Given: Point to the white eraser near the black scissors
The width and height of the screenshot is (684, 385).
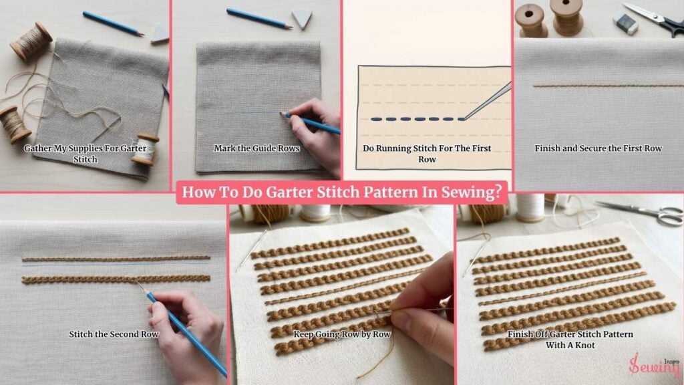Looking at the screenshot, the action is coord(625,23).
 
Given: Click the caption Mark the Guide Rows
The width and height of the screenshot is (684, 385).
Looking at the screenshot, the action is coord(256,148).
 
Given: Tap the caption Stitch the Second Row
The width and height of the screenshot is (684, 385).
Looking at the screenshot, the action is coord(114,334).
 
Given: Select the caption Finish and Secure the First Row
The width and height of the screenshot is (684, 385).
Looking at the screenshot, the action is coord(598,148).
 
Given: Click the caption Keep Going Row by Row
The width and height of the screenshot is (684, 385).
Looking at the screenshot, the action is coord(342,334).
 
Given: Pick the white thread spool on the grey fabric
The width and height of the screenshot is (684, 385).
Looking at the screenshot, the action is coord(145,149).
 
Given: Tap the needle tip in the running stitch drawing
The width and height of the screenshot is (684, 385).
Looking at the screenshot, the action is coord(464,118).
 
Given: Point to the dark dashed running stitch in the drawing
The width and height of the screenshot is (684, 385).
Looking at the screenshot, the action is coord(417,119).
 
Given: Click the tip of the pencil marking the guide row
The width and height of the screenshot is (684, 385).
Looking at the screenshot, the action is coord(281,114).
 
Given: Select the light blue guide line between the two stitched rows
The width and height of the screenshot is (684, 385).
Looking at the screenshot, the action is coord(116,264).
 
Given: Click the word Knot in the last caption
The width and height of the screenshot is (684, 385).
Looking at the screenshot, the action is coord(583,346).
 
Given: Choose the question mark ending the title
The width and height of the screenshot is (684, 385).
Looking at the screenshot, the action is coord(498,192).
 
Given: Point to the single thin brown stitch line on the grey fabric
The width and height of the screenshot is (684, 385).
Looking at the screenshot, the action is coord(608,86).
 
